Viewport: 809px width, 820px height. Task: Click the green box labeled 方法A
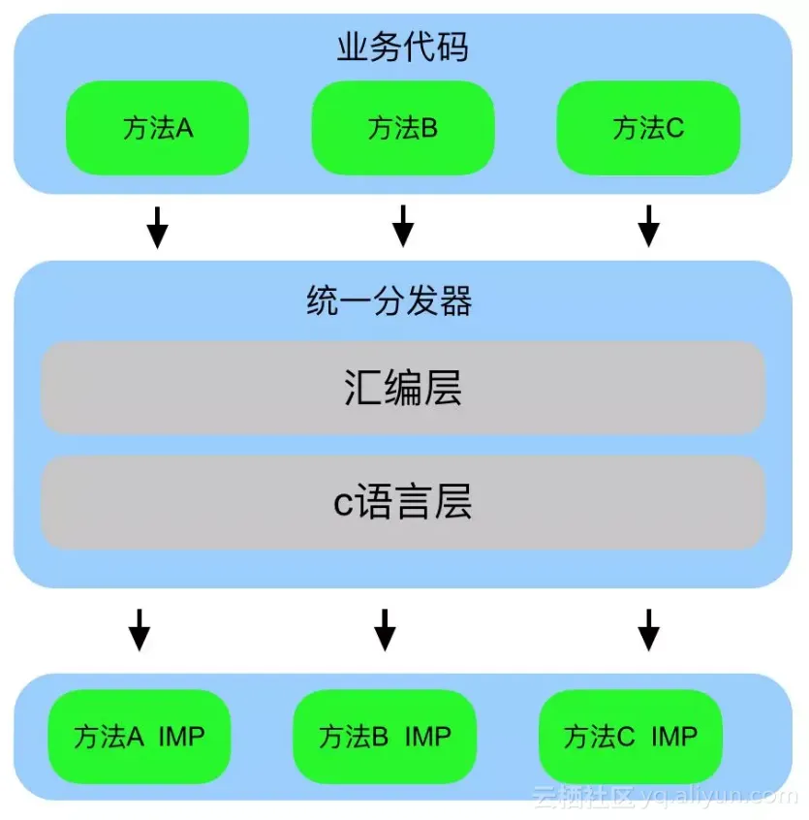[157, 128]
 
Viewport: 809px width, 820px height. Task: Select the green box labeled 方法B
[403, 128]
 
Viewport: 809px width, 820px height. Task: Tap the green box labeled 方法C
[648, 128]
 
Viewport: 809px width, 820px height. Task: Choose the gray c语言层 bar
[403, 503]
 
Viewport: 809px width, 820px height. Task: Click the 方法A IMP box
[140, 737]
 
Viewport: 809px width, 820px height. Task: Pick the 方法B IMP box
[385, 737]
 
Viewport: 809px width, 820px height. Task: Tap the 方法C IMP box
[631, 737]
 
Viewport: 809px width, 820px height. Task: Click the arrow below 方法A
[157, 226]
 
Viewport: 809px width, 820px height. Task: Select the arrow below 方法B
[403, 226]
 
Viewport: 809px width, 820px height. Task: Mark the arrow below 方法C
[648, 226]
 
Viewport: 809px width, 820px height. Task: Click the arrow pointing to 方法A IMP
[140, 630]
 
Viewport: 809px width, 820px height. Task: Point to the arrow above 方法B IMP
[385, 630]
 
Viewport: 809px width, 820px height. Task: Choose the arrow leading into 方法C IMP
[648, 630]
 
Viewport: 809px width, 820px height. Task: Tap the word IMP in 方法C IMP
[673, 737]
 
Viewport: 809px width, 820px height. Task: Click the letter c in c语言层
[342, 504]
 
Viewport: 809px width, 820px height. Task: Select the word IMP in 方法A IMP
[181, 737]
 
